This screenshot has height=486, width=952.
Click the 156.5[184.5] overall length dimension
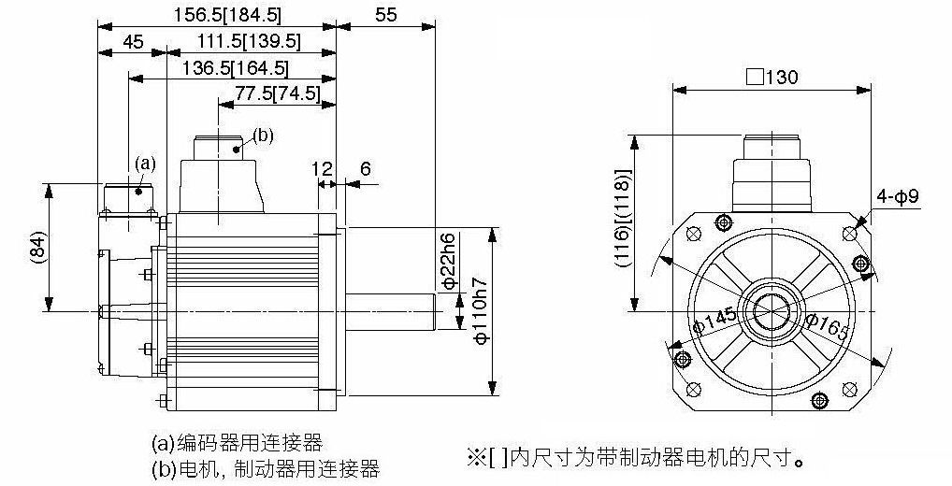220,14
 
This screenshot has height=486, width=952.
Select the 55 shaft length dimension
385,14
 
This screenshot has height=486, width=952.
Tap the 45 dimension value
133,41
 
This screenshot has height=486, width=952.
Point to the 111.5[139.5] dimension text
249,41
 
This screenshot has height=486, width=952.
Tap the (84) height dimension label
37,248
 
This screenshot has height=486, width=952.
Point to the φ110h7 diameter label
481,310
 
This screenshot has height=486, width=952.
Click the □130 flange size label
772,77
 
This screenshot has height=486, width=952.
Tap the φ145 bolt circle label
714,320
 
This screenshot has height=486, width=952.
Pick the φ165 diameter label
827,328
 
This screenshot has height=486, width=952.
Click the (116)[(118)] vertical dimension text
623,218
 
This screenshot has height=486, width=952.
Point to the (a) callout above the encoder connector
145,164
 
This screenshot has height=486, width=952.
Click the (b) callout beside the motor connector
263,136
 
